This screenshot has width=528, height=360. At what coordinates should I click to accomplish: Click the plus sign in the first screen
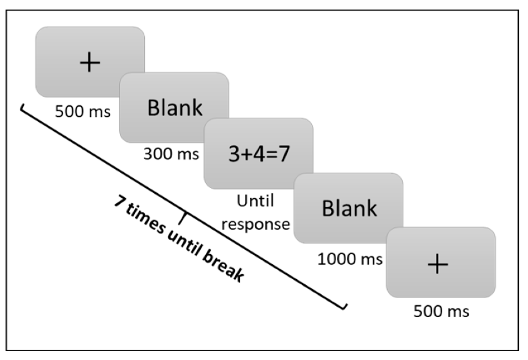pos(90,62)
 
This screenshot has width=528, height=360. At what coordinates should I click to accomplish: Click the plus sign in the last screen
pos(438,264)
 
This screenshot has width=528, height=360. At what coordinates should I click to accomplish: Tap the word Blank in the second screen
pos(175,108)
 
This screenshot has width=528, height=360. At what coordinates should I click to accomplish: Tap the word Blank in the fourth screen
pos(349,208)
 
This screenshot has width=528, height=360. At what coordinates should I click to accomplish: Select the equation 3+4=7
pos(259,154)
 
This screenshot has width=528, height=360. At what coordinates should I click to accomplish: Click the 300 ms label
pos(171,154)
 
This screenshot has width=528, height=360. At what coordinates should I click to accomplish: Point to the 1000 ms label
pos(350,259)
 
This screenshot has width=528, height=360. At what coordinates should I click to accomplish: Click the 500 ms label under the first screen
pos(83,111)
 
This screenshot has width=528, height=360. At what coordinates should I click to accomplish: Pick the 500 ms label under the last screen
pos(441,311)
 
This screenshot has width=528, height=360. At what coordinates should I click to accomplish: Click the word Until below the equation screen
pos(255,201)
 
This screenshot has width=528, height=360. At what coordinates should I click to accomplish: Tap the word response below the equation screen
pos(256,224)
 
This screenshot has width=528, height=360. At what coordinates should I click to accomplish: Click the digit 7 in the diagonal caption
pos(120,201)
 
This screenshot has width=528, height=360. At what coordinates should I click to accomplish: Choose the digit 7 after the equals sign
pos(283,154)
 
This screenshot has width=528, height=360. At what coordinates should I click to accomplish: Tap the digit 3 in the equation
pos(234,154)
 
